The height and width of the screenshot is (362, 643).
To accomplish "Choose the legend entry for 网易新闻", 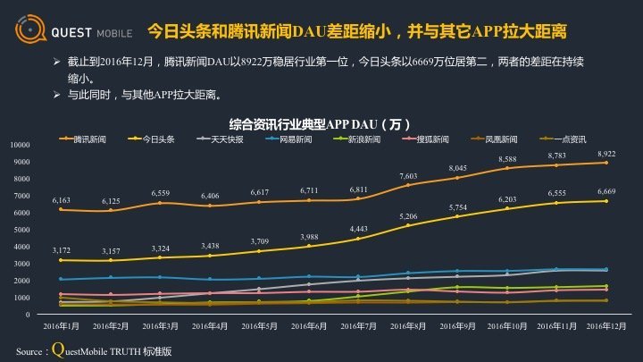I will pyautogui.click(x=294, y=140).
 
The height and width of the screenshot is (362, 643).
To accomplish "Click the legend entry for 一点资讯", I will pyautogui.click(x=568, y=140).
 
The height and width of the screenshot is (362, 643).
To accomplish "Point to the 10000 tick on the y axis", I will pyautogui.click(x=20, y=145).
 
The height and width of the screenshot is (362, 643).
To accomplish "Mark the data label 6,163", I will pyautogui.click(x=60, y=200).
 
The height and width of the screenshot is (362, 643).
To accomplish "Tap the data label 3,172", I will pyautogui.click(x=60, y=250).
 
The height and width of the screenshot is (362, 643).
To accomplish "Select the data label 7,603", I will pyautogui.click(x=409, y=176).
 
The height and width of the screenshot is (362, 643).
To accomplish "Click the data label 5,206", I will pyautogui.click(x=409, y=216).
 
